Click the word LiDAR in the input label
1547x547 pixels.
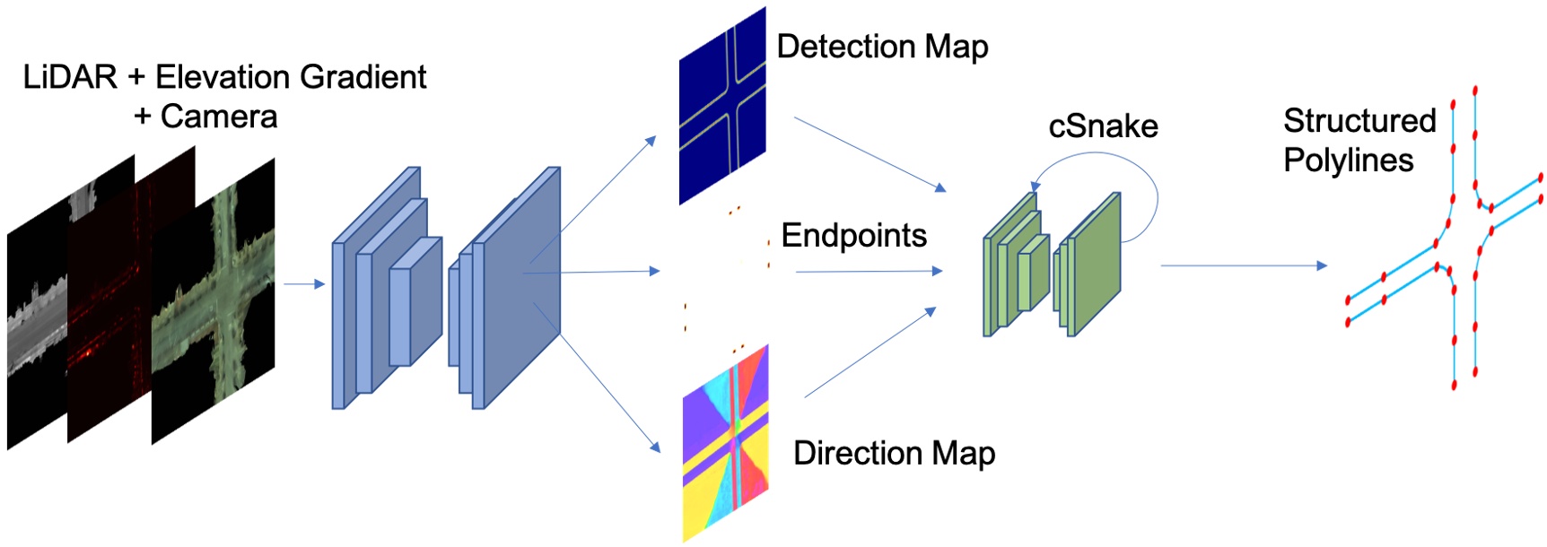point(70,77)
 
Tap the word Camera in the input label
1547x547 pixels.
point(218,117)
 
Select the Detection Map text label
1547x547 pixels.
point(881,47)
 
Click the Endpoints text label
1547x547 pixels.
point(853,236)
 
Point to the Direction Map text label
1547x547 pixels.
point(894,454)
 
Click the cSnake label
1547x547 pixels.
point(1103,126)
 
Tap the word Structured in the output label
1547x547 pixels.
point(1359,120)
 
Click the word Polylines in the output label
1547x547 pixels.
point(1348,161)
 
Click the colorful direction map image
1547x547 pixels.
point(725,444)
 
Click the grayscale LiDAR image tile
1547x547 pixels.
point(36,332)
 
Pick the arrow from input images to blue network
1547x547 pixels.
point(303,284)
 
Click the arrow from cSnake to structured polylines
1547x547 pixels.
point(1243,265)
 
